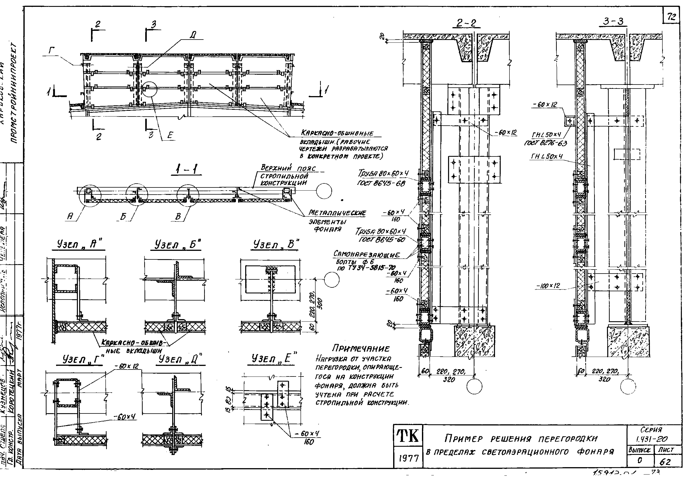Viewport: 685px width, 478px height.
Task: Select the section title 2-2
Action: pos(466,23)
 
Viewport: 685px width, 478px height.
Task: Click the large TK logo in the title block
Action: pos(408,436)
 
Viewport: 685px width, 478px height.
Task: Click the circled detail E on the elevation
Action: pos(149,89)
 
